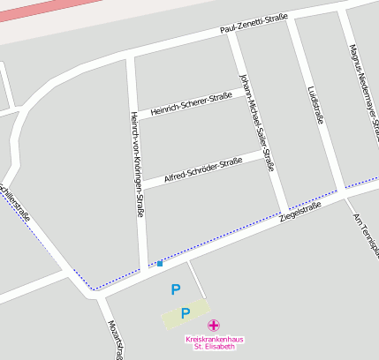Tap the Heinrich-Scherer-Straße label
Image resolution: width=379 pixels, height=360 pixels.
(x=191, y=104)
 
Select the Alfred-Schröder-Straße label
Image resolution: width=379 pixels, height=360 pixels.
(x=203, y=169)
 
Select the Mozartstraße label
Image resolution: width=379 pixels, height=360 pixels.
(x=114, y=340)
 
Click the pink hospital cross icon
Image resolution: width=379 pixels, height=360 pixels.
(x=214, y=326)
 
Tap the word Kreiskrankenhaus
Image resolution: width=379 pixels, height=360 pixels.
(x=215, y=339)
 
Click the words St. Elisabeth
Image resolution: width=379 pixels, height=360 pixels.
(x=215, y=347)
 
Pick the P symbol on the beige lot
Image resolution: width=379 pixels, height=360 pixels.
(x=185, y=312)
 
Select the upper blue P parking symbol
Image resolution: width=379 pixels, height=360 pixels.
(x=175, y=289)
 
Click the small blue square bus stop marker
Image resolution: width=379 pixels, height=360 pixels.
(x=160, y=263)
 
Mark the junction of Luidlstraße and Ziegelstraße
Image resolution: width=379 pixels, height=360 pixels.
(x=337, y=191)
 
